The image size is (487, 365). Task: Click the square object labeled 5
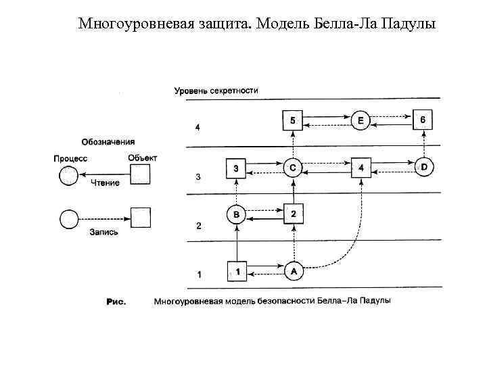coord(292,121)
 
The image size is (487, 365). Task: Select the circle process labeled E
coord(361,121)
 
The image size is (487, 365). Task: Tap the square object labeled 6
coord(422,120)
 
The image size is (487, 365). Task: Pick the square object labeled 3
coord(235,168)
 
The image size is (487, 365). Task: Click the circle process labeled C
coord(292,168)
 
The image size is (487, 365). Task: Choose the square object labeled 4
coord(361,167)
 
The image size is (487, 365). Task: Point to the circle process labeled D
coord(423,166)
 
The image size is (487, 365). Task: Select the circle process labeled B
coord(236,215)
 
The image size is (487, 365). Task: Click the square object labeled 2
coord(293,214)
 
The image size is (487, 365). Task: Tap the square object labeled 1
coord(237,272)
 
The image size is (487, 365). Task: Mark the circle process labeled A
coord(293,271)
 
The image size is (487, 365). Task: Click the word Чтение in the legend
coord(105,182)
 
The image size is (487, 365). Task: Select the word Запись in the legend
coord(103,232)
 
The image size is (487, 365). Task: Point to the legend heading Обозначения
coord(108,142)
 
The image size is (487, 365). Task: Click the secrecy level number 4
coord(198,127)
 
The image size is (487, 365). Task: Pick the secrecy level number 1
coord(198,275)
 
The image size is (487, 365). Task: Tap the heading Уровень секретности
coord(216,91)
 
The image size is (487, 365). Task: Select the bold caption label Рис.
coord(117,301)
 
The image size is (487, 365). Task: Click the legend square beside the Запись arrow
coord(140,218)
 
